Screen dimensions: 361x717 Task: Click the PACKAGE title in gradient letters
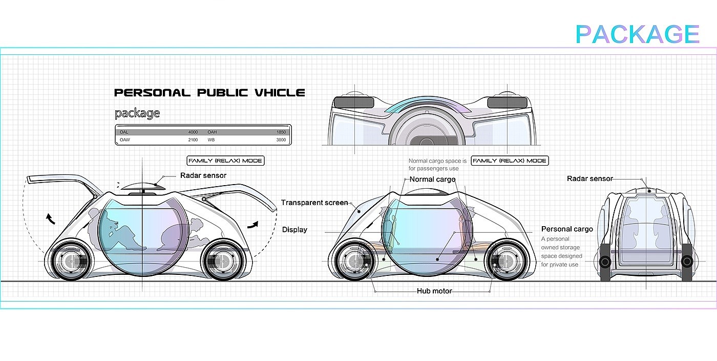[x=637, y=34]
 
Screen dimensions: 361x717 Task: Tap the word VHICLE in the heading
[x=279, y=93]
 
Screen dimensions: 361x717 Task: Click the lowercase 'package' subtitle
[x=137, y=113]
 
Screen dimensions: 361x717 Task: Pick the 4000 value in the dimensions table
[x=193, y=132]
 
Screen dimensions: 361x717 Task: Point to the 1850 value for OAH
[x=281, y=132]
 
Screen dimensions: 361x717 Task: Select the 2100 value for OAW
[x=193, y=139]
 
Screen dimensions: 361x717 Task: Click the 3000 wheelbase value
[x=281, y=139]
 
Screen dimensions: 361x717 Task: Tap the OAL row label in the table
[x=124, y=132]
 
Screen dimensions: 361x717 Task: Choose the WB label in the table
[x=211, y=139]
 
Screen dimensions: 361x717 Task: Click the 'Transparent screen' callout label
[x=314, y=203]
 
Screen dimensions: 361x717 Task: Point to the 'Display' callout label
[x=294, y=229]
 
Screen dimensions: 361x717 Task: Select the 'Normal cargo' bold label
[x=432, y=179]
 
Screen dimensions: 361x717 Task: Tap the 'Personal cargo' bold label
[x=567, y=229]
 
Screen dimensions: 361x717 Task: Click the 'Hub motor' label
[x=434, y=291]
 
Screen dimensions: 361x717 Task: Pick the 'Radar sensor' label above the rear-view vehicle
[x=589, y=178]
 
